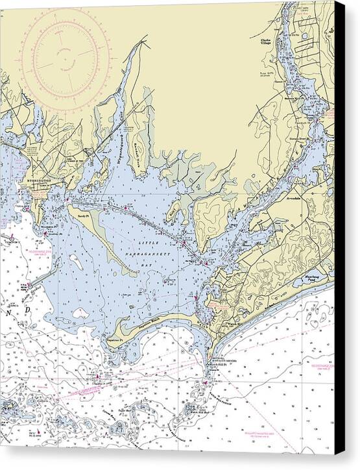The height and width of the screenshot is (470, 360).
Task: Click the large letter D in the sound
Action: point(28,310)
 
